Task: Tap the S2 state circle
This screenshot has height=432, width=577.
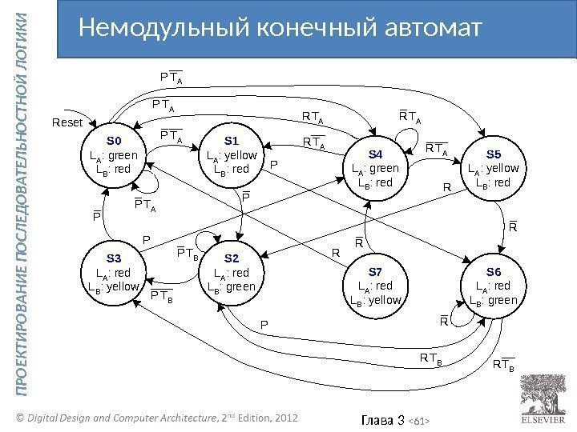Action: [232, 277]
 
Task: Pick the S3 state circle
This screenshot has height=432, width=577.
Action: [113, 277]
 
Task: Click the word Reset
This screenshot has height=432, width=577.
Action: [67, 123]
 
